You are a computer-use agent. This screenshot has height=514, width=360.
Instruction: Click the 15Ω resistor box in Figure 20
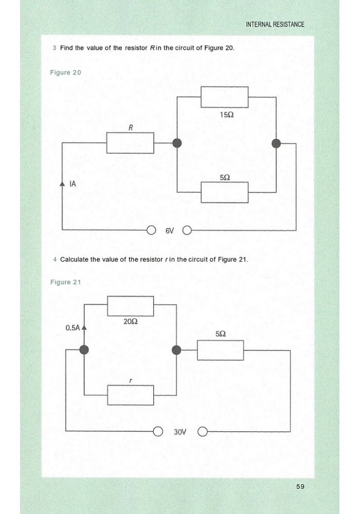pos(225,97)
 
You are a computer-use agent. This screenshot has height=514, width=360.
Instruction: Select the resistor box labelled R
pos(130,142)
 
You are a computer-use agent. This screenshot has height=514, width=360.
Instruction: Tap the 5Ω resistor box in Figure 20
pos(225,192)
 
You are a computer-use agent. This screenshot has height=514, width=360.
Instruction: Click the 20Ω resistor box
pos(131,306)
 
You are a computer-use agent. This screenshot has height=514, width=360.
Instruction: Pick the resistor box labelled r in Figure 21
pos(131,395)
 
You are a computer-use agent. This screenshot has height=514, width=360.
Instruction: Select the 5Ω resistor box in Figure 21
pos(220,350)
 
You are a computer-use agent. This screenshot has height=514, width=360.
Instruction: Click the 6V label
pos(169,231)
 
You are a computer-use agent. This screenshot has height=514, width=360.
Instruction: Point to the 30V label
pos(180,432)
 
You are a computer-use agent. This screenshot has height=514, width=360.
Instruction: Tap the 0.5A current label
pos(73,328)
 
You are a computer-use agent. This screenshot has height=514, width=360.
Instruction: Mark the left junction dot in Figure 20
pos(177,143)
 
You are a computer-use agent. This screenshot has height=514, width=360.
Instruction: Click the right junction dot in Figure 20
pos(276,143)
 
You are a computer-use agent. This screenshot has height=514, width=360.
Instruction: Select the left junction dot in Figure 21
pos(84,350)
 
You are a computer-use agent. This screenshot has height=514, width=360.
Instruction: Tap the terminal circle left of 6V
pos(151,231)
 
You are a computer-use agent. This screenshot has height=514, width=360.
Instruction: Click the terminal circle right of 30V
pos(203,432)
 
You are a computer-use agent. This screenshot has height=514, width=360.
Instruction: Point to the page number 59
pos(300,487)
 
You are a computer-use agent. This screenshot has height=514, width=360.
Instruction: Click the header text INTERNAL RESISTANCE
pos(275,24)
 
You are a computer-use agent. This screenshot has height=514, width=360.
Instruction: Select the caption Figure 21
pos(66,282)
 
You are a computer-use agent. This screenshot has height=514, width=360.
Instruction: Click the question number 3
pos(55,48)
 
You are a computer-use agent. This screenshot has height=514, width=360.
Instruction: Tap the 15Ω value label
pos(227,115)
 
